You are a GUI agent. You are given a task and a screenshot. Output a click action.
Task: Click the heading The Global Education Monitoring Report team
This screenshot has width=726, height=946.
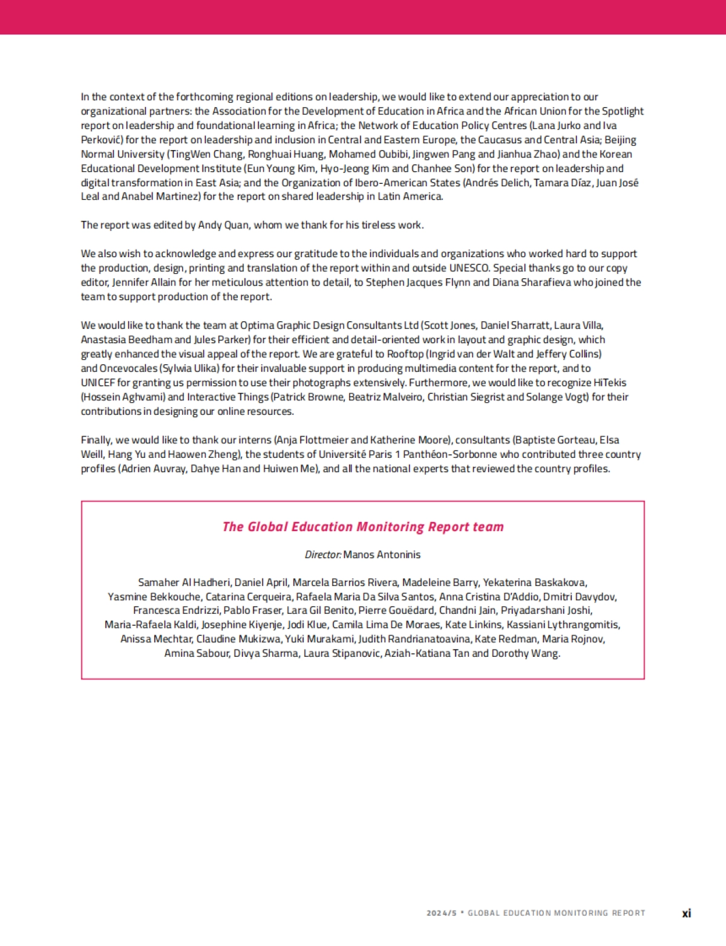tap(363, 527)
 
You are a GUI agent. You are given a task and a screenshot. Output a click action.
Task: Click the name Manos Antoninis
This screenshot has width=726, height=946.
tap(382, 555)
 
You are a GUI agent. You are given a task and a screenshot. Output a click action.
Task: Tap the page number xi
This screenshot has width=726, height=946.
tap(686, 913)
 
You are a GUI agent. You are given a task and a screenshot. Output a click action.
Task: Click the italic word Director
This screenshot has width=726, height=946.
tap(322, 555)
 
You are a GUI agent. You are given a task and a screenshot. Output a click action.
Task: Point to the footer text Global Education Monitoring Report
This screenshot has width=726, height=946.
tap(556, 913)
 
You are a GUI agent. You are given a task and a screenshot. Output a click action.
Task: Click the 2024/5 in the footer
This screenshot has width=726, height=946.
tap(441, 913)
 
